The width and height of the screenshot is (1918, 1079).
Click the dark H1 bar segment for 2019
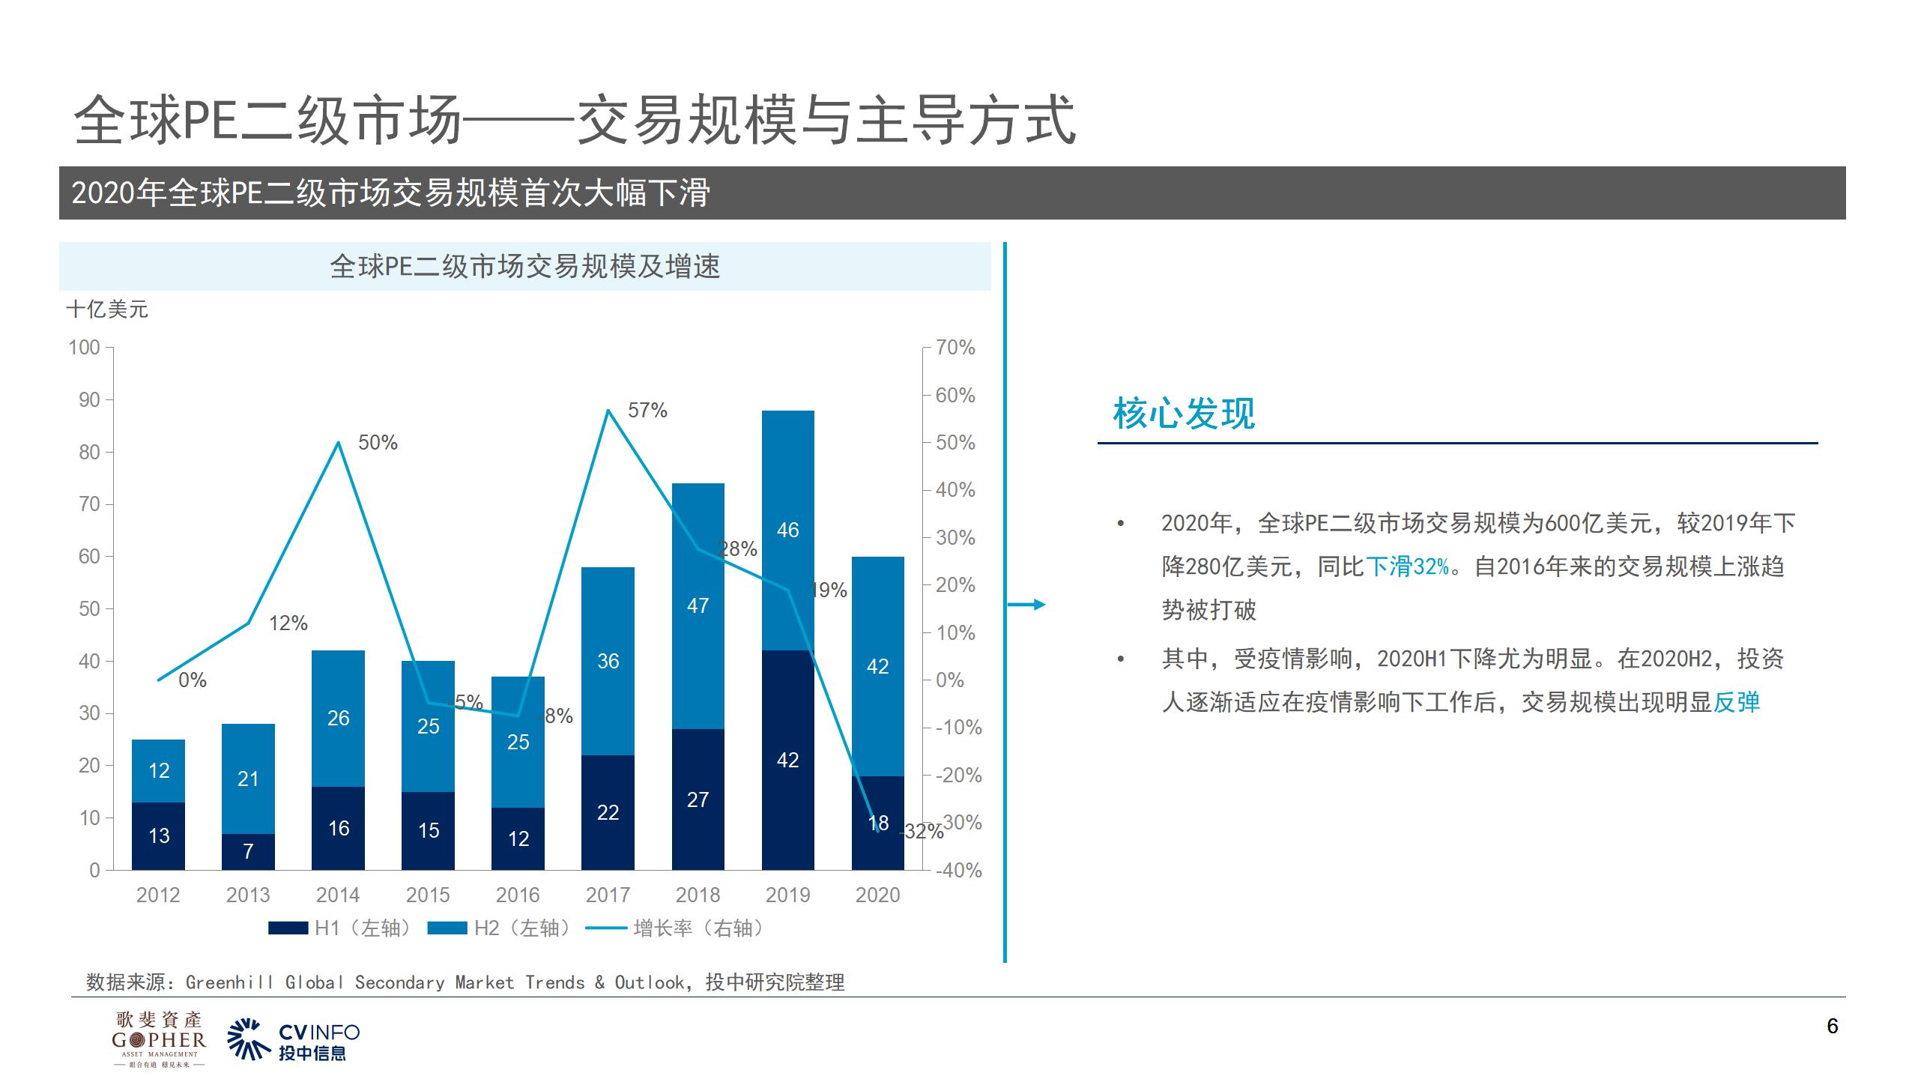[787, 760]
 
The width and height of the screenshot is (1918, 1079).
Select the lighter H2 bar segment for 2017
[608, 661]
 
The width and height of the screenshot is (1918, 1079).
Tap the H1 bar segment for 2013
[248, 851]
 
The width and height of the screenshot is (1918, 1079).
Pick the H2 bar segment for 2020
[877, 666]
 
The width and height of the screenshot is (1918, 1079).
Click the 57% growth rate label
[647, 411]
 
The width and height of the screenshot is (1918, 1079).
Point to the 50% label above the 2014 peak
[378, 443]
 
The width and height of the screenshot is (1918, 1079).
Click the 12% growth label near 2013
[288, 623]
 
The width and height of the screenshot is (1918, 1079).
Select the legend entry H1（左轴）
[341, 928]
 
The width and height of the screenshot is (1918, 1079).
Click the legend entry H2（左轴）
[500, 928]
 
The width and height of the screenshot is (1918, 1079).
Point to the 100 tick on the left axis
[84, 348]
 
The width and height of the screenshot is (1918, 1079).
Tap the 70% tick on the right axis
[955, 348]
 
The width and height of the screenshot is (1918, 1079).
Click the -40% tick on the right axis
[958, 871]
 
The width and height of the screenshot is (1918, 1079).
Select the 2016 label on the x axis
[518, 895]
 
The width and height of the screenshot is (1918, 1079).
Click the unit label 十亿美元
[107, 309]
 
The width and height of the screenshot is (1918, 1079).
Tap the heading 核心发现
[1184, 414]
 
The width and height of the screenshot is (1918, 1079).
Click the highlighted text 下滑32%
[1407, 566]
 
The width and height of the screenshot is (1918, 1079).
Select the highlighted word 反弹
[1737, 703]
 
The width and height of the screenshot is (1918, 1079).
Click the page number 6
[1833, 1027]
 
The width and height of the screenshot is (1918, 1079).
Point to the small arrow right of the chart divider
[1027, 605]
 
